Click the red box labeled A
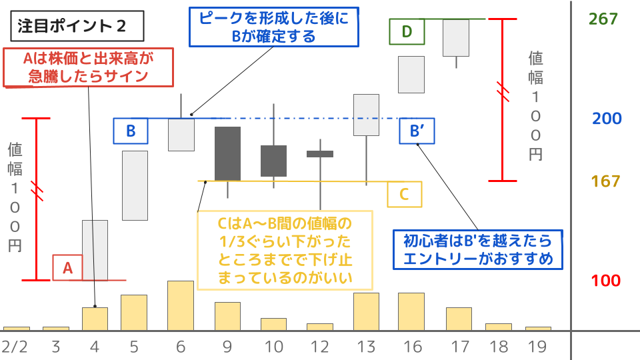pyautogui.click(x=67, y=267)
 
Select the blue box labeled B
pyautogui.click(x=131, y=131)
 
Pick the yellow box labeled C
pyautogui.click(x=404, y=194)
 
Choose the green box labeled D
pyautogui.click(x=407, y=31)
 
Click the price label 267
pyautogui.click(x=603, y=19)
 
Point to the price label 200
pyautogui.click(x=607, y=119)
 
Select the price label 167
pyautogui.click(x=606, y=181)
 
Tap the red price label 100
pyautogui.click(x=606, y=281)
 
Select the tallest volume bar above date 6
pyautogui.click(x=180, y=305)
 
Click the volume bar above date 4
pyautogui.click(x=95, y=319)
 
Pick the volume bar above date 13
pyautogui.click(x=366, y=311)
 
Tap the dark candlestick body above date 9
pyautogui.click(x=227, y=153)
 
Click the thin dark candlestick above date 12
pyautogui.click(x=320, y=154)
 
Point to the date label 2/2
pyautogui.click(x=15, y=347)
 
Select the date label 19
pyautogui.click(x=537, y=347)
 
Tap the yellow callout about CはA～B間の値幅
pyautogui.click(x=285, y=250)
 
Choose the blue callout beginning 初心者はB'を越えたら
pyautogui.click(x=478, y=249)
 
